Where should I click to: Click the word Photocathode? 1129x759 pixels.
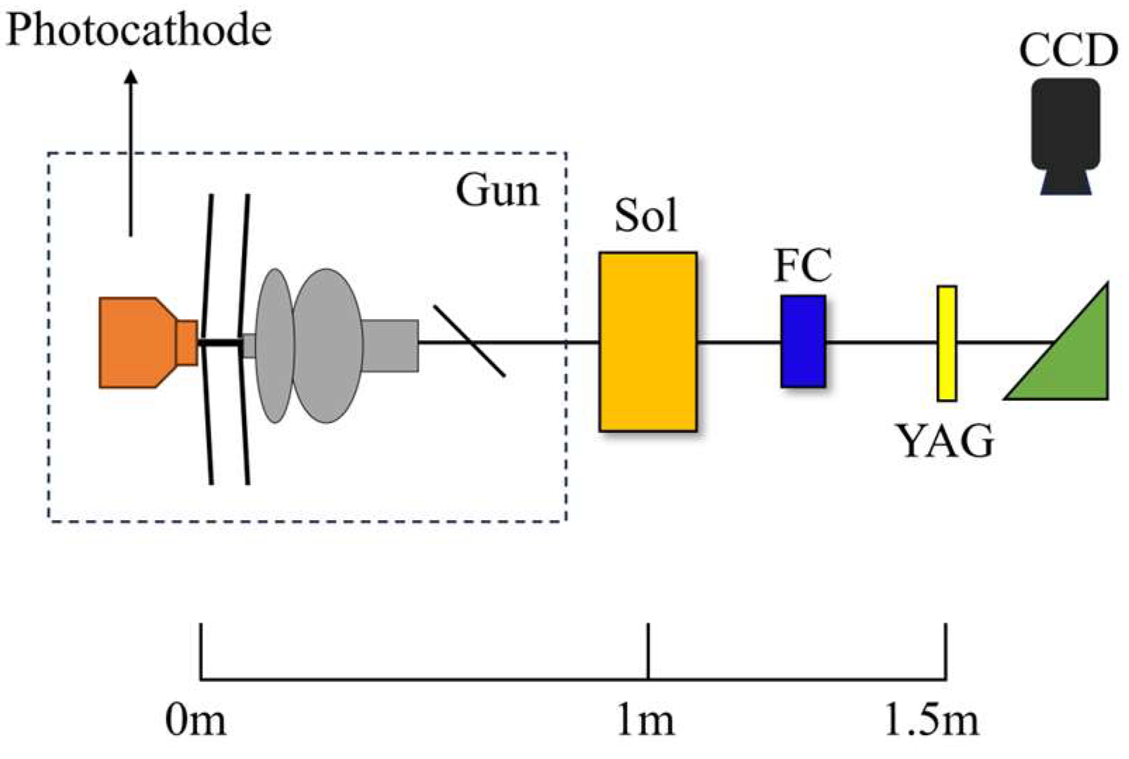138,31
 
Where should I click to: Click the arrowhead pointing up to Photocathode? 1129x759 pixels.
131,77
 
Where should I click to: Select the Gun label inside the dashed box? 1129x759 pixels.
497,190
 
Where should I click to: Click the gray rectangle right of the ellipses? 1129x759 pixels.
390,345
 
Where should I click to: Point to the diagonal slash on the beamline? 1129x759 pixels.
469,341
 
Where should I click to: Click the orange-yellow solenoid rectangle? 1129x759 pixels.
647,342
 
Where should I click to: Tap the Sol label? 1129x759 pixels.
646,216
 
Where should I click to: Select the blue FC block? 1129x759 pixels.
803,342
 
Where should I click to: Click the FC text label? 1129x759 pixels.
803,265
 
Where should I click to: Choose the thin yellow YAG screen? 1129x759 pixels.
947,343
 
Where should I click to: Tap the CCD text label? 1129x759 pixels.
1068,51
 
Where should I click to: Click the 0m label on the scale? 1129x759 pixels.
195,720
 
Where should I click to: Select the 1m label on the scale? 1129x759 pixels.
645,720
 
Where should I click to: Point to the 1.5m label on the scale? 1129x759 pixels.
931,720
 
